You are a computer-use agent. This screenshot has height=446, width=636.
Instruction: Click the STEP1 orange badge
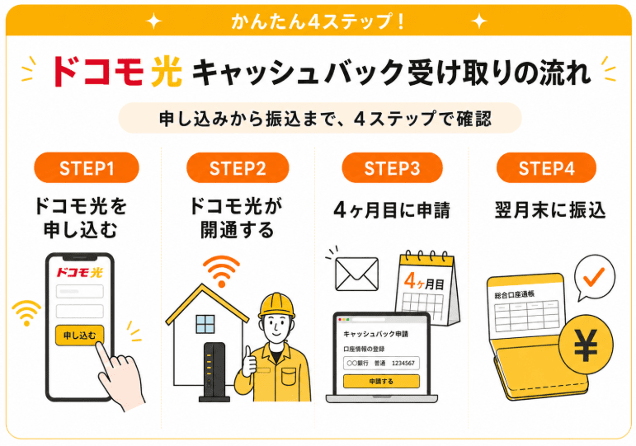[87, 167]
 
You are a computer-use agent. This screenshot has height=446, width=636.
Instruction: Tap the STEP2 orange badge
[238, 167]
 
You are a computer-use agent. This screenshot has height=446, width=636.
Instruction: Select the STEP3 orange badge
[392, 167]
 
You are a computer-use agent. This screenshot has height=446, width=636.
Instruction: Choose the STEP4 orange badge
[546, 167]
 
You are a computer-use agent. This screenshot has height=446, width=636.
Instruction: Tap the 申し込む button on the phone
[79, 336]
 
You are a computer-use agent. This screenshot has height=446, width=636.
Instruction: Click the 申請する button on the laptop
[381, 381]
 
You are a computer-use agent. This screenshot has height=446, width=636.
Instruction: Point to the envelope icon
[357, 274]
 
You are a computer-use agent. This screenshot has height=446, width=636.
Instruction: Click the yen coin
[587, 345]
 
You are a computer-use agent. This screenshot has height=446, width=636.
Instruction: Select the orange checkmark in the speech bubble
[594, 276]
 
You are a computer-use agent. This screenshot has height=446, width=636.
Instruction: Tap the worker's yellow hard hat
[277, 305]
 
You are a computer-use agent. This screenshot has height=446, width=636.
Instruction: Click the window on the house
[205, 324]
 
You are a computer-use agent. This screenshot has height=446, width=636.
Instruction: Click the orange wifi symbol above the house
[221, 271]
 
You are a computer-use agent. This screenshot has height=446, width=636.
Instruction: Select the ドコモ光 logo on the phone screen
[79, 272]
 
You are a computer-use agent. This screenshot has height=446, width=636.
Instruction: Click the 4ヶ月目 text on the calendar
[424, 281]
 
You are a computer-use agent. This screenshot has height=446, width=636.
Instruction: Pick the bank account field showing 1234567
[381, 364]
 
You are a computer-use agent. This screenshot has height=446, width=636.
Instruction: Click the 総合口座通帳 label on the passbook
[514, 294]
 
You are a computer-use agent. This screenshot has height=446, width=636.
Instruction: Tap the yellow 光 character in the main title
[167, 72]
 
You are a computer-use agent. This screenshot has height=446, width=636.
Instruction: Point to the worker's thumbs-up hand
[249, 362]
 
